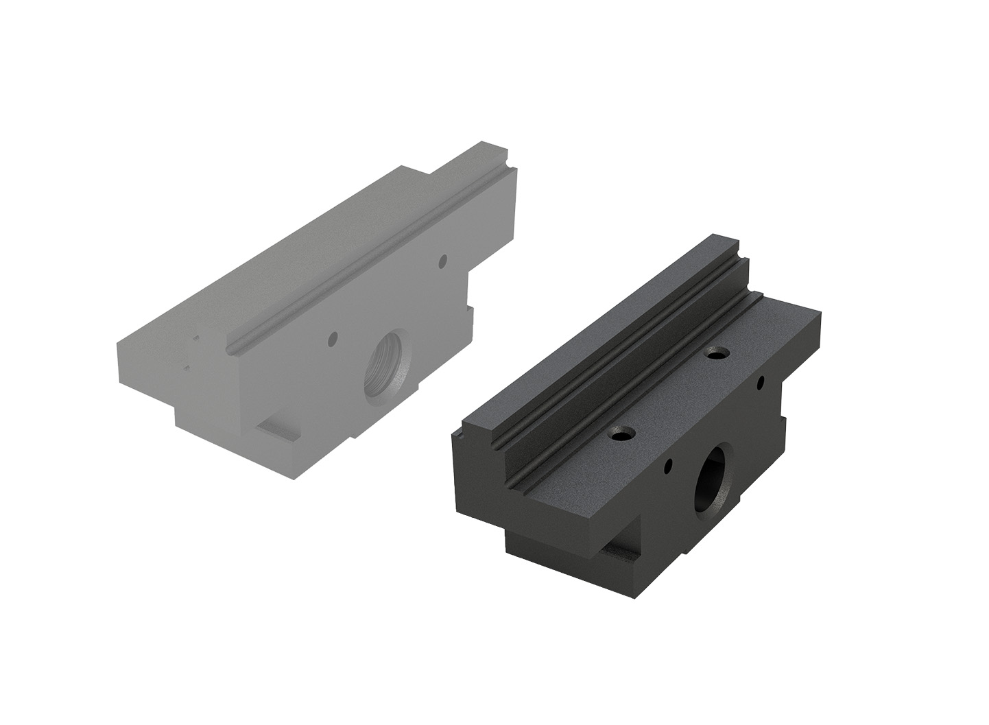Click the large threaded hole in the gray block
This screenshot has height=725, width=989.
384,372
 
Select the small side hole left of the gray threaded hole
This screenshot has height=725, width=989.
333,338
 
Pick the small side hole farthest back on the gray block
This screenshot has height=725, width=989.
443,260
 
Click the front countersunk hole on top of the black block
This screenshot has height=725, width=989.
622,434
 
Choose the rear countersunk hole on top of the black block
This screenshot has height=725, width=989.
717,355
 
